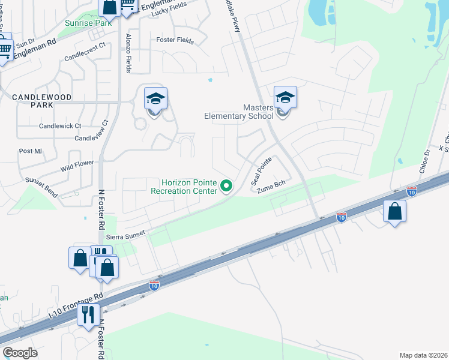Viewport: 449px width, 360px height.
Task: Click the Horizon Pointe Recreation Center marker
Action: [x=226, y=187]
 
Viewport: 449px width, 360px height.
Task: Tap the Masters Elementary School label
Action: [x=239, y=112]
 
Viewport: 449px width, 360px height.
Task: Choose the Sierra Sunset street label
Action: [x=126, y=237]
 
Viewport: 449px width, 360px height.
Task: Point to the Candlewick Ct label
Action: [x=60, y=126]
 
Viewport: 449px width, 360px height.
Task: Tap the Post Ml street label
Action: [x=30, y=151]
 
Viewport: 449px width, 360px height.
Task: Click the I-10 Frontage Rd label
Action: [x=76, y=306]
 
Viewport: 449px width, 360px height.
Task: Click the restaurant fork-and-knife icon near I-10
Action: [x=88, y=314]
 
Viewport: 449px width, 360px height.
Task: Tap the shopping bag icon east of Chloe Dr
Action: [x=394, y=212]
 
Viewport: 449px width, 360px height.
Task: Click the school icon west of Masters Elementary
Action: [x=155, y=99]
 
